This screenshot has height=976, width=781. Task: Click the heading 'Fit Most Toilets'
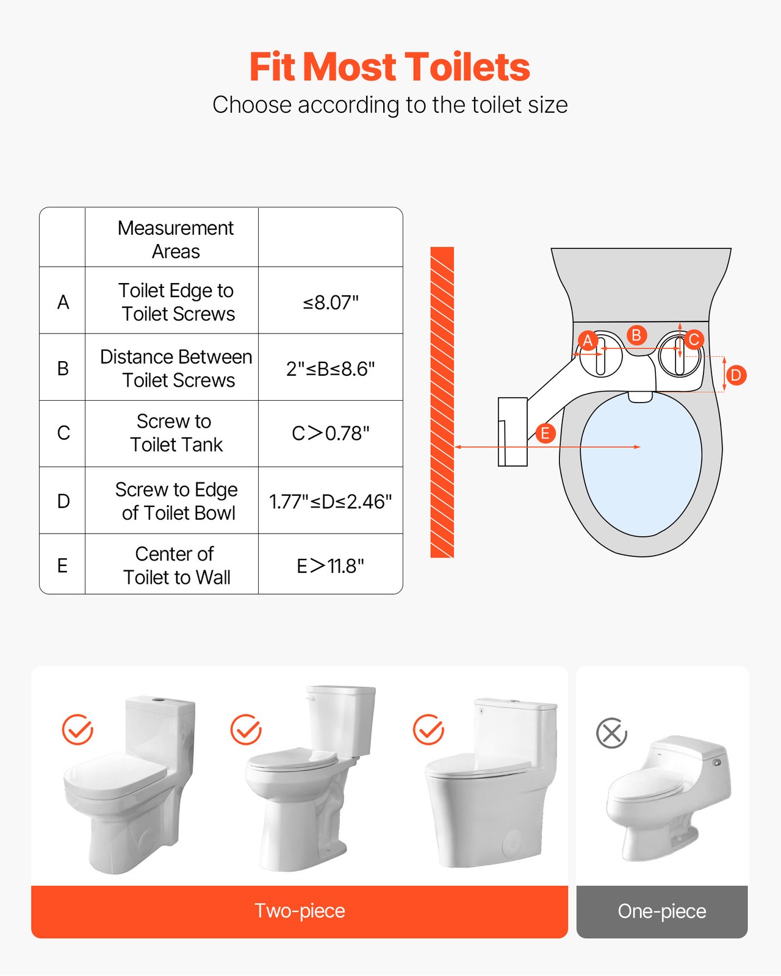point(389,66)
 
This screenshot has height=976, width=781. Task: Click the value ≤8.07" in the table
point(331,303)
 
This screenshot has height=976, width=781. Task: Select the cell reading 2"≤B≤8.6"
point(331,369)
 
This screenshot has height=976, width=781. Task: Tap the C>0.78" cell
point(331,434)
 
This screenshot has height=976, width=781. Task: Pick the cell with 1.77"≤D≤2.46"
point(331,501)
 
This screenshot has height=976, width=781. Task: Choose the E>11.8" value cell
point(331,566)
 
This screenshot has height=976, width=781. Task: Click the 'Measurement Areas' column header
point(176,239)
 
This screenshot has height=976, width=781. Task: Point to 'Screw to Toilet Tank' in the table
point(176,433)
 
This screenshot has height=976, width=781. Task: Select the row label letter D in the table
point(63,501)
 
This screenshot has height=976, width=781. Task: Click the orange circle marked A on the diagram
point(588,340)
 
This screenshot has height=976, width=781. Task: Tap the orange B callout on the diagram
point(636,335)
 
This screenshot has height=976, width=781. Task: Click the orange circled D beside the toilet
point(736,375)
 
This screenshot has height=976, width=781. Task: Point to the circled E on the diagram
point(545,434)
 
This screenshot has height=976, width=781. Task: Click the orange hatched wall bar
point(442,403)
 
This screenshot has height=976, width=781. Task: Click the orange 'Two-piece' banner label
point(300,911)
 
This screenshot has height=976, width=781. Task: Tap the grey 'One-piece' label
point(662,911)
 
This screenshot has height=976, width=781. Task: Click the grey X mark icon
point(611,733)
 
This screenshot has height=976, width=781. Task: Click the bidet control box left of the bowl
point(513,432)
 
